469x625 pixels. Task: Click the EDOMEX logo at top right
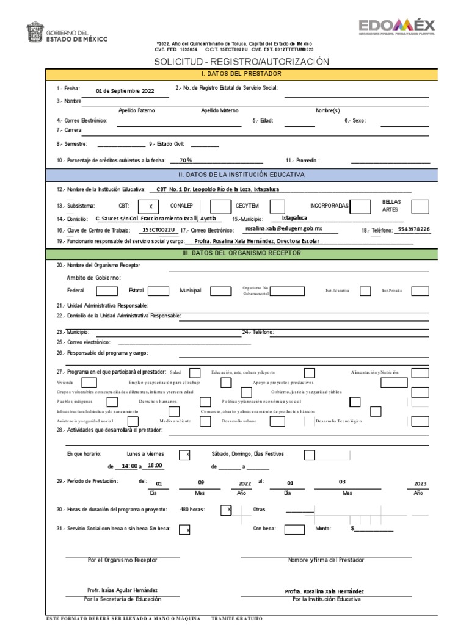coord(397,27)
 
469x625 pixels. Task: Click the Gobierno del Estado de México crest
coord(35,32)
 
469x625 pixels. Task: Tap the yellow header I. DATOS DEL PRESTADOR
coord(242,74)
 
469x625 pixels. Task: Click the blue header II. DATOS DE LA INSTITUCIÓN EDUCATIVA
coord(242,175)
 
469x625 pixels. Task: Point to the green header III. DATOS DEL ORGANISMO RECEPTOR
coord(242,252)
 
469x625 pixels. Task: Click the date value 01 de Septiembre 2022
coord(125,91)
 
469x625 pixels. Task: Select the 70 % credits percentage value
coord(186,160)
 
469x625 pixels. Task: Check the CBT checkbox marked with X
coord(150,206)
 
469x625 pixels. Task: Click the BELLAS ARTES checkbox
coord(420,206)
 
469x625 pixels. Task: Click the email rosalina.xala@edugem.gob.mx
coord(283,228)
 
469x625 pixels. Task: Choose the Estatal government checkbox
coord(158,291)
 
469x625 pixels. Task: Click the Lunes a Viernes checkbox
coord(184,455)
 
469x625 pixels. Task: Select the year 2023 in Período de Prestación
coord(420,483)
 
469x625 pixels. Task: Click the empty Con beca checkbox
coord(294,529)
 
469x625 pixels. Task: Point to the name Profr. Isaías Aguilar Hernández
coord(123,590)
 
